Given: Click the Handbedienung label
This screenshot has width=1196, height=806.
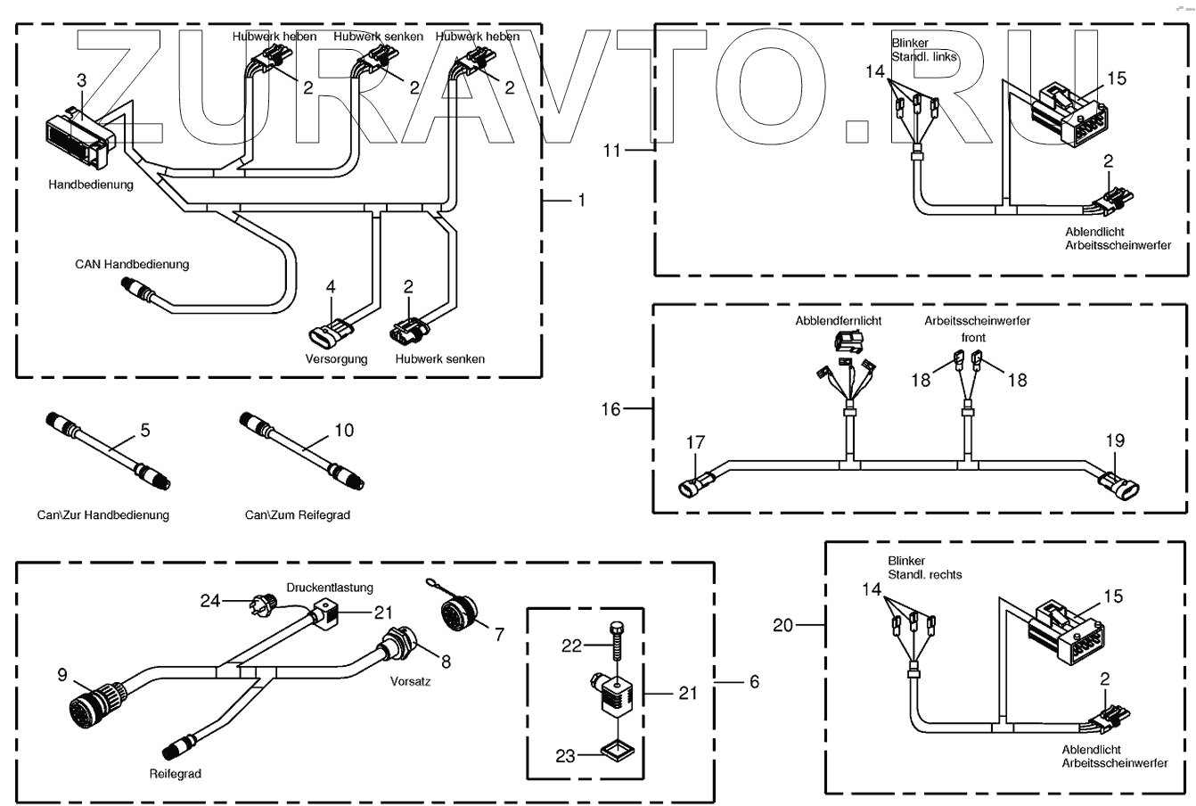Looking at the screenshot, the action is [x=91, y=185].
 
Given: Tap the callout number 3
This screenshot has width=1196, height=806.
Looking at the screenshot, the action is [x=81, y=80].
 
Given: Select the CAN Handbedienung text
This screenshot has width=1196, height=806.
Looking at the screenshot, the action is [x=132, y=264].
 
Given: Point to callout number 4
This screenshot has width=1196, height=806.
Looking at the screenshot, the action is [x=331, y=287].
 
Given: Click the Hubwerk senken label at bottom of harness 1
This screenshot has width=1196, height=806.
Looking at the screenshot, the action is [x=440, y=359].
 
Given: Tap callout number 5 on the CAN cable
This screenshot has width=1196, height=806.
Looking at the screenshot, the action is [x=145, y=430].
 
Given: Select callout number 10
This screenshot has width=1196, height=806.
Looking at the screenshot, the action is [x=344, y=430].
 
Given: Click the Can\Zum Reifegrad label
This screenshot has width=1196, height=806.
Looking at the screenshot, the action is [x=298, y=515].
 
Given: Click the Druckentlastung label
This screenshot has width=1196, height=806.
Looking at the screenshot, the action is [x=330, y=588].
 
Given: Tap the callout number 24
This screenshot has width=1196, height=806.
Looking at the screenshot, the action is [x=209, y=601].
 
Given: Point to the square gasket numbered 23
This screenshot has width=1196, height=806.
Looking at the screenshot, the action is [x=618, y=752].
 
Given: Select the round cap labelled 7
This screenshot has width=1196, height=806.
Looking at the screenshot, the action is [x=459, y=613].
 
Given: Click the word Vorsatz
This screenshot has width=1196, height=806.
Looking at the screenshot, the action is [x=410, y=681].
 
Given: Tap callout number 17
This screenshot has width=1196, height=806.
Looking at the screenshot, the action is [x=695, y=442].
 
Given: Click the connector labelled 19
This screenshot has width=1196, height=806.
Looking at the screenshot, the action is [x=1118, y=485].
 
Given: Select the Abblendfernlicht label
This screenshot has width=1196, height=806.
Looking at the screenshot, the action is [x=839, y=321].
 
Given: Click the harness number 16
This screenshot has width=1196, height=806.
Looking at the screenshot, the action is [x=610, y=409].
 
